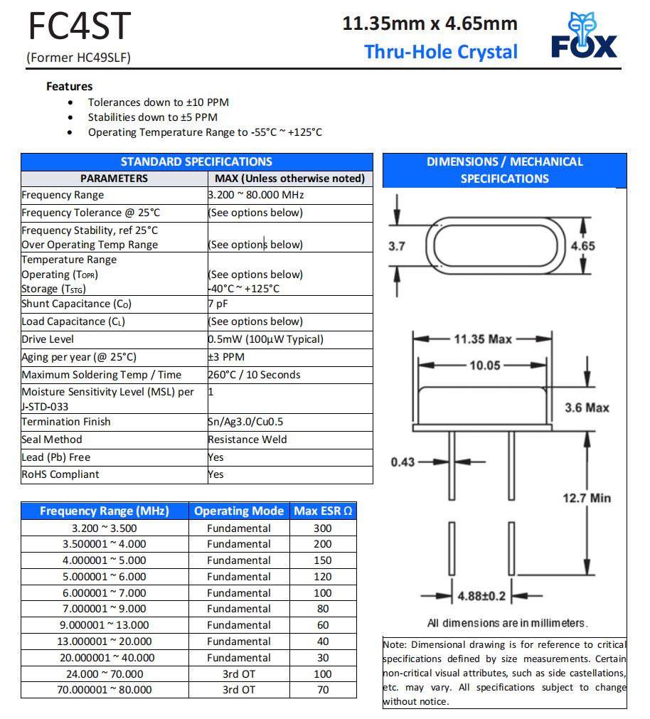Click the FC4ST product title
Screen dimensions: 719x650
[x=80, y=26]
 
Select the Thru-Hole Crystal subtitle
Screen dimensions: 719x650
[x=441, y=52]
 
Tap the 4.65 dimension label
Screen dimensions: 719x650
[x=583, y=246]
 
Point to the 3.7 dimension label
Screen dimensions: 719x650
[x=397, y=246]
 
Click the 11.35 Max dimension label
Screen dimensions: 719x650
[x=483, y=339]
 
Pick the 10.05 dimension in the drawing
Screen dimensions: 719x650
[x=484, y=366]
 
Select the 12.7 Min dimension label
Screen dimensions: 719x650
[x=587, y=498]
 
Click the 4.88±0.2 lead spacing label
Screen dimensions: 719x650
[x=481, y=596]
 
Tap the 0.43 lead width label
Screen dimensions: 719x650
[x=403, y=462]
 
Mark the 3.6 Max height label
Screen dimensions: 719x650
[x=587, y=408]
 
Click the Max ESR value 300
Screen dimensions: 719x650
[x=322, y=528]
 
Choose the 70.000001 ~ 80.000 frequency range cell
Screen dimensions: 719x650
[x=104, y=690]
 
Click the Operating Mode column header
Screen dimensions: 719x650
[x=239, y=511]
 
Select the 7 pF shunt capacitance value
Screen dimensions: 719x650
[x=218, y=304]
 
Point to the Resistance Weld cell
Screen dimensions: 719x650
[x=247, y=440]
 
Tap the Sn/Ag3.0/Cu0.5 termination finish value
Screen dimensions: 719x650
[x=245, y=422]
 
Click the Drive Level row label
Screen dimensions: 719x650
[x=48, y=339]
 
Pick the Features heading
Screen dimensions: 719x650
[x=70, y=86]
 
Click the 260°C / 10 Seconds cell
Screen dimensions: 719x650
[x=254, y=375]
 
